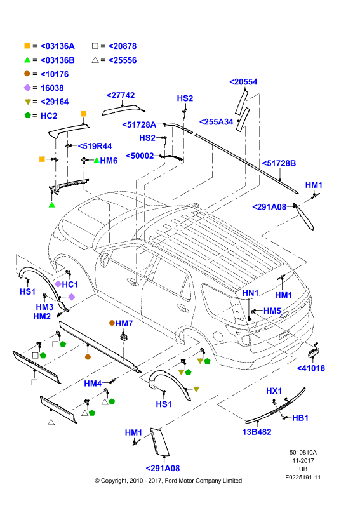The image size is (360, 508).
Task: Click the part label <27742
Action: click(121, 95)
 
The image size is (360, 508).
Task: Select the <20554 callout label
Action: click(243, 82)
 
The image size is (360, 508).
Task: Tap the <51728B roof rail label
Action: click(279, 163)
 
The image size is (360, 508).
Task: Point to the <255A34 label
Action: click(216, 122)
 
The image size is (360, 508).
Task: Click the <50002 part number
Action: click(140, 156)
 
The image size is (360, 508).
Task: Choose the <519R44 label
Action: click(95, 146)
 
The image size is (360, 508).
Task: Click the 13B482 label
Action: click(257, 432)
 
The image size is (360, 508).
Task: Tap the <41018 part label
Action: click(311, 368)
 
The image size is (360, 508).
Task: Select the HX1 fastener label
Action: click(274, 391)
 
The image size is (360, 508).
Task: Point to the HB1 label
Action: click(300, 418)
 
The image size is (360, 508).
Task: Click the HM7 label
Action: click(124, 323)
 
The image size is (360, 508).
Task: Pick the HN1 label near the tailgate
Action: click(251, 293)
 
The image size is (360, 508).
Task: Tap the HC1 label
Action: click(70, 284)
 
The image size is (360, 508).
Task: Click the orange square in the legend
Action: click(27, 46)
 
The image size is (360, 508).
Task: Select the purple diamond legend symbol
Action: click(27, 88)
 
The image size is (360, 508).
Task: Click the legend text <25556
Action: click(123, 60)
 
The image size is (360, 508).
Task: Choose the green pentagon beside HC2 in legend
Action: click(27, 115)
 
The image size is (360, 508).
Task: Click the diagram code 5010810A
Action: click(303, 453)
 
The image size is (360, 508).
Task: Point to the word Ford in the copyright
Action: click(171, 481)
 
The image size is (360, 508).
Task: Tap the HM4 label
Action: click(93, 384)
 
